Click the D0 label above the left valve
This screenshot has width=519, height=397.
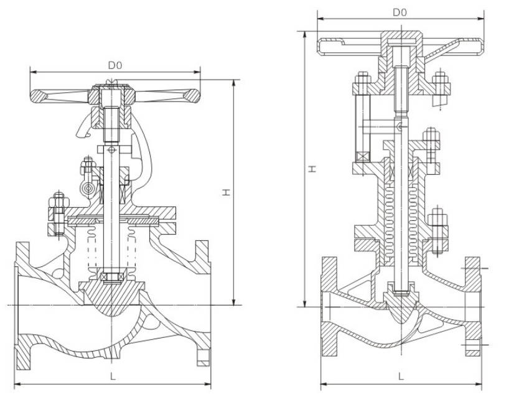pyautogui.click(x=115, y=65)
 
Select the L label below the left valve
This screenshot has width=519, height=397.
pyautogui.click(x=112, y=376)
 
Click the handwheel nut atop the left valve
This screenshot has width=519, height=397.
pyautogui.click(x=112, y=95)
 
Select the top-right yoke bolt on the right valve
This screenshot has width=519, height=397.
pyautogui.click(x=440, y=84)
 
